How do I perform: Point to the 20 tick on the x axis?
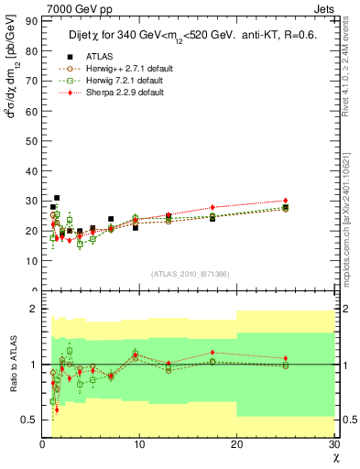[236, 444]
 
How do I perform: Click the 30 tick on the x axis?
[333, 444]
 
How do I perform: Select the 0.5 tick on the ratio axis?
[30, 420]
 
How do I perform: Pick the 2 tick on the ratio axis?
[35, 309]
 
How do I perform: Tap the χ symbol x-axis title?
[334, 458]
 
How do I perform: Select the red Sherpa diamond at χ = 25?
[286, 201]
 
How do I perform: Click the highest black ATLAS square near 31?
[57, 197]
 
